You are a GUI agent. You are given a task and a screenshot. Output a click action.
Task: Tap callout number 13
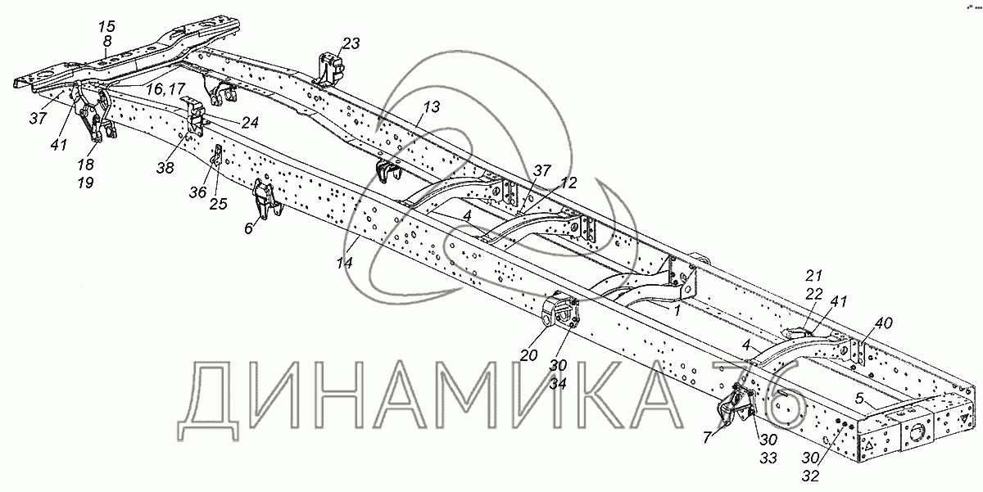(x=432, y=106)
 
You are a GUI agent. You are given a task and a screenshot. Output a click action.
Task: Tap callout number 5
(x=859, y=399)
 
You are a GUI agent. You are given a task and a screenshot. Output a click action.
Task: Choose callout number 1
(x=677, y=311)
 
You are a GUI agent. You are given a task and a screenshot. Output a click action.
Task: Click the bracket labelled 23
(x=328, y=69)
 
